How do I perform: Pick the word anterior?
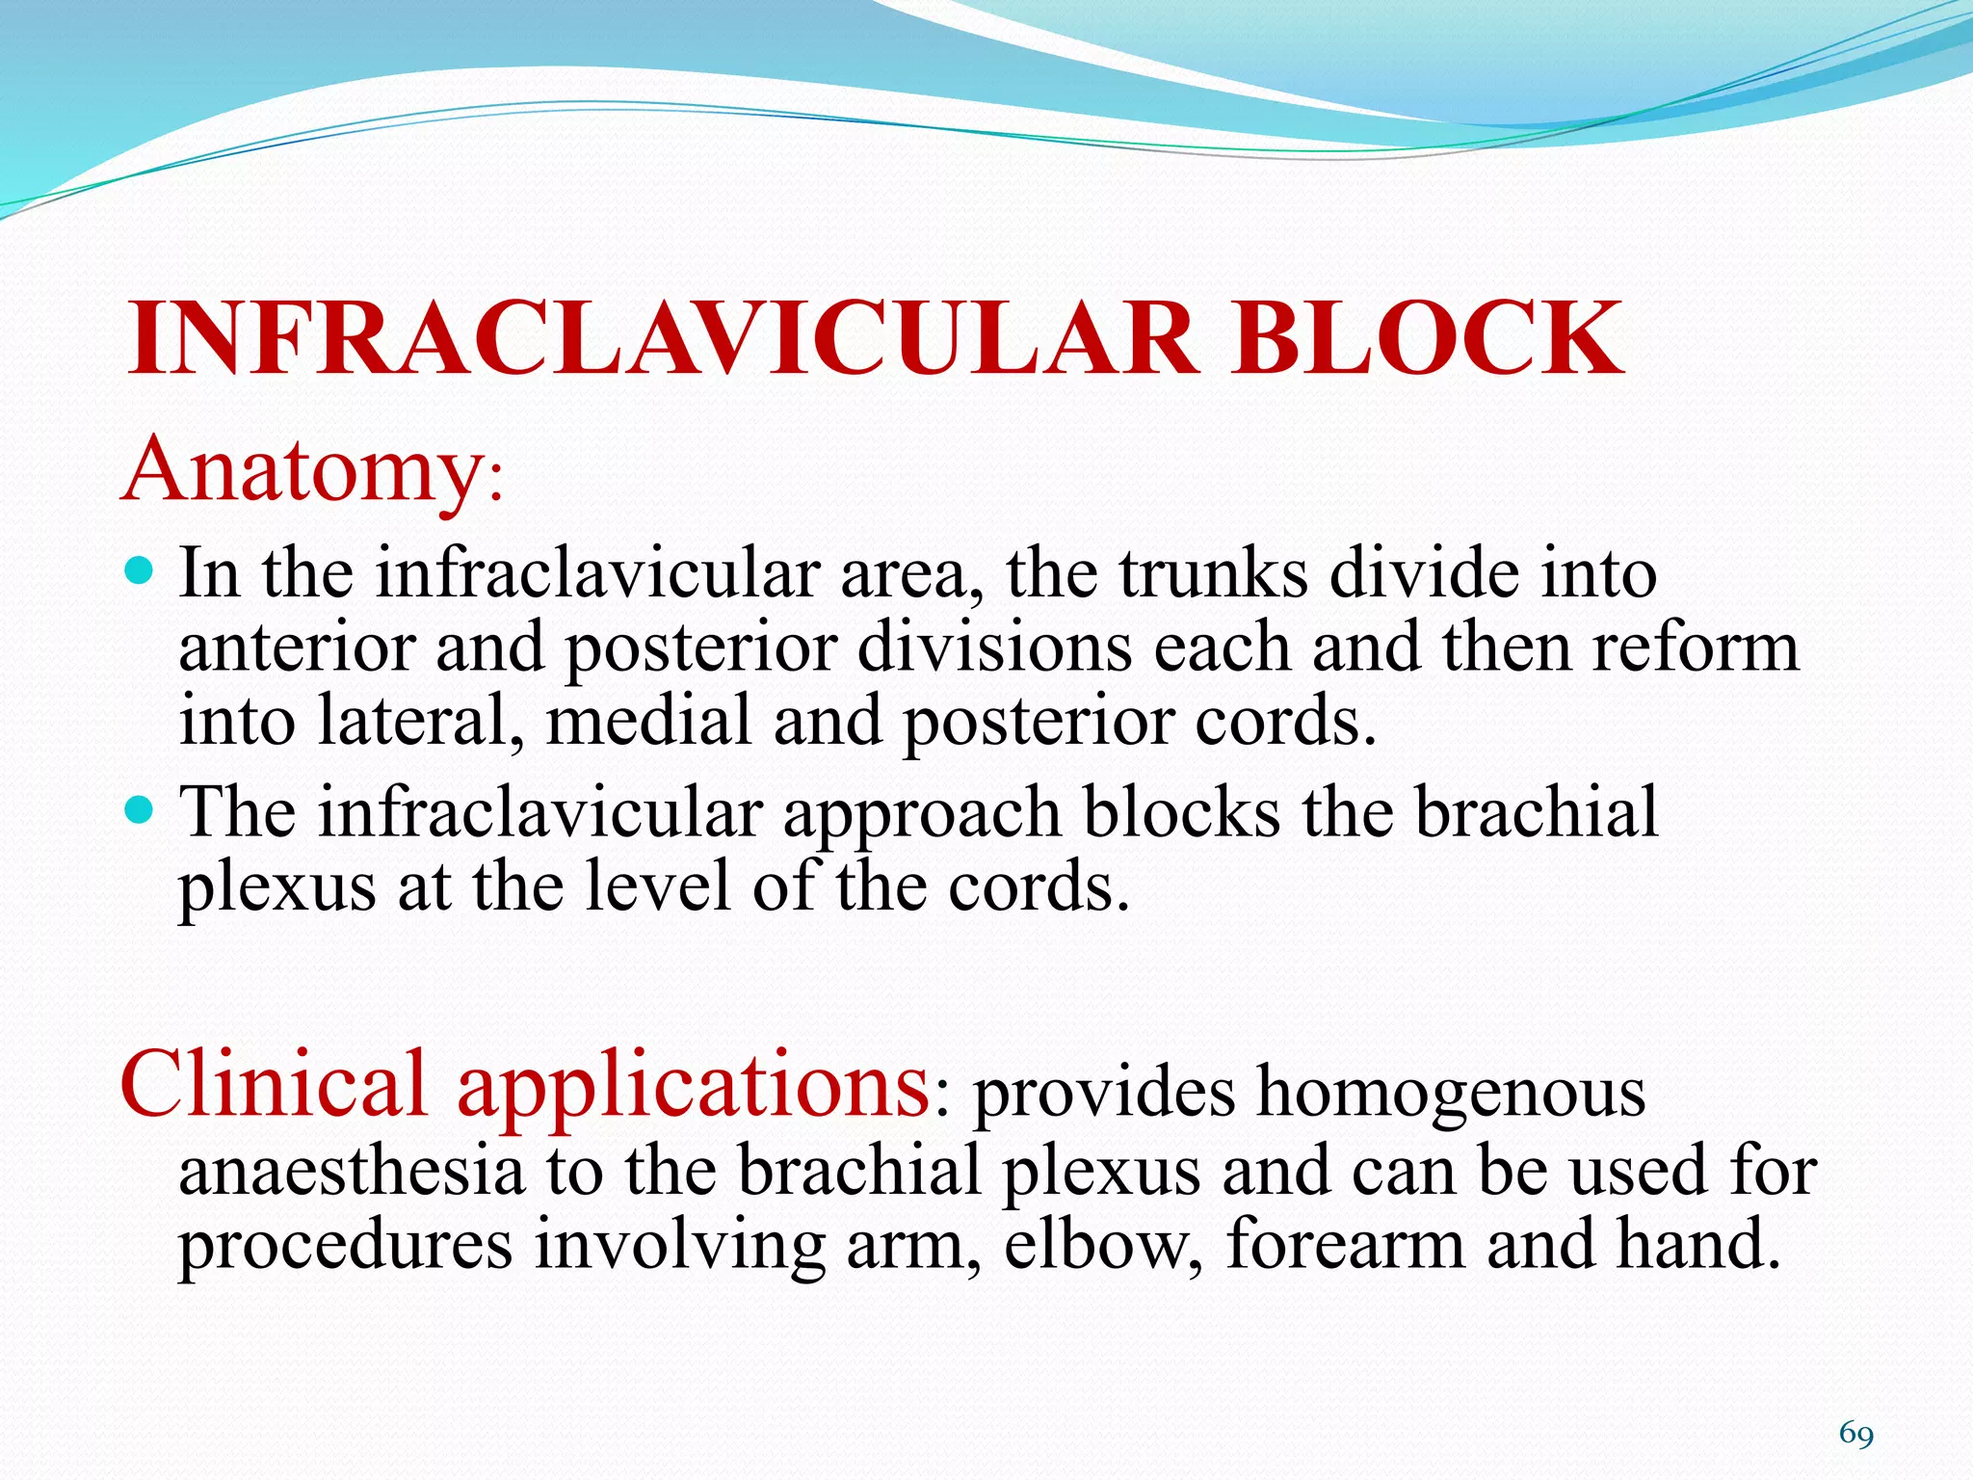(297, 647)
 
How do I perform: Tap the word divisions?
(993, 647)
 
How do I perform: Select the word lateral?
(420, 721)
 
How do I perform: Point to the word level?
(656, 886)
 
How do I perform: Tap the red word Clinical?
(273, 1085)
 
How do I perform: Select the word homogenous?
(1451, 1095)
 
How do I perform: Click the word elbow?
(1101, 1245)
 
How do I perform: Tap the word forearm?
(1345, 1245)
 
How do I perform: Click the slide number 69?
(1855, 1435)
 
